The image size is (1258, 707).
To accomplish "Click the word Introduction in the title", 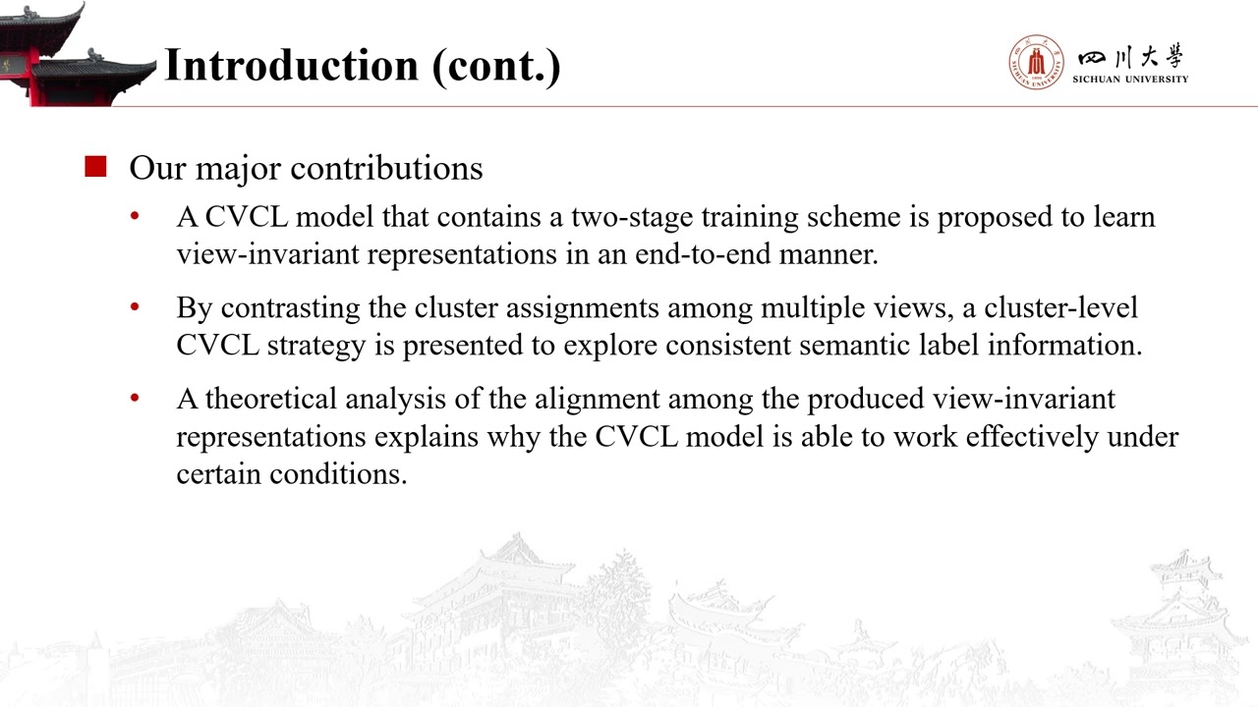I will pyautogui.click(x=291, y=65).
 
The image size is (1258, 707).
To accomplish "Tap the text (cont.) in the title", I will pyautogui.click(x=496, y=65).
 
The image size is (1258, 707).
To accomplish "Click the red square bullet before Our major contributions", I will pyautogui.click(x=95, y=167).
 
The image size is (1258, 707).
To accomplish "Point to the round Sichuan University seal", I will pyautogui.click(x=1035, y=63).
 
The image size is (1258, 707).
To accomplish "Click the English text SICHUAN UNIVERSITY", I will pyautogui.click(x=1130, y=80).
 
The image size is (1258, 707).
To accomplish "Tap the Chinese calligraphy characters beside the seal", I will pyautogui.click(x=1131, y=55).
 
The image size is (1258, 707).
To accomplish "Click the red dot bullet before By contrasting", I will pyautogui.click(x=136, y=306).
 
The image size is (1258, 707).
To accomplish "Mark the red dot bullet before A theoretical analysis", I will pyautogui.click(x=136, y=398).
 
